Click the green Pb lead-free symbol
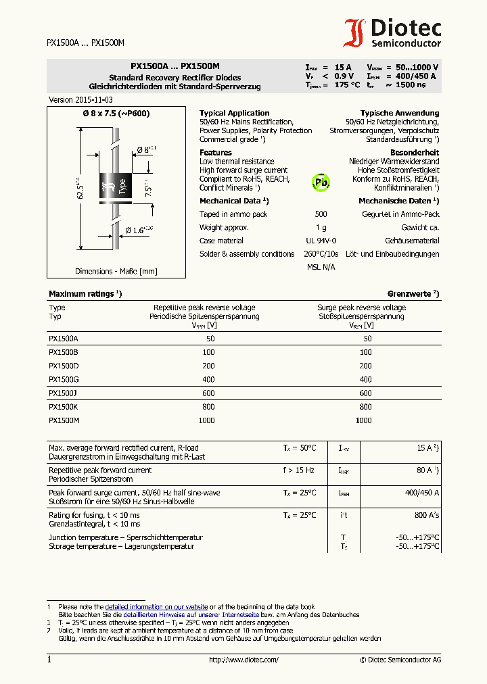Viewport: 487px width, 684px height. [x=321, y=182]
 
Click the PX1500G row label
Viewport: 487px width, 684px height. [x=64, y=379]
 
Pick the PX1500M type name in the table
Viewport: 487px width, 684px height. [x=64, y=420]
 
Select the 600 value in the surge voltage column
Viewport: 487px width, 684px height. [x=365, y=393]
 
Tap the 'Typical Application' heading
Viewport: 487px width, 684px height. [x=234, y=113]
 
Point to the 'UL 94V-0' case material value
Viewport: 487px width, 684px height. [x=321, y=241]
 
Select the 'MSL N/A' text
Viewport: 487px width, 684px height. [x=321, y=268]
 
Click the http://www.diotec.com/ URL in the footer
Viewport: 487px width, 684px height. [x=243, y=660]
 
